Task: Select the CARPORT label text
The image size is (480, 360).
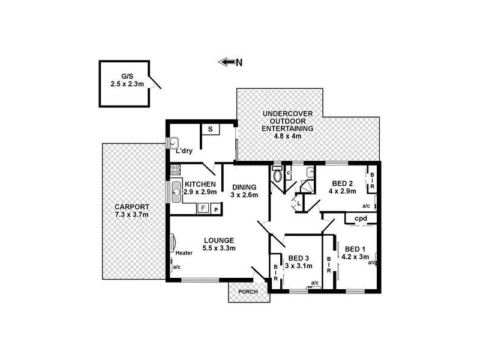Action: pos(131,207)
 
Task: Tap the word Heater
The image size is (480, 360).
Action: pos(184,253)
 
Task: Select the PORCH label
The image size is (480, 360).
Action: pos(248,292)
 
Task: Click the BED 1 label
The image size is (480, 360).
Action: pos(355,249)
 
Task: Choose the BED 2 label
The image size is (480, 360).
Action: pos(343,184)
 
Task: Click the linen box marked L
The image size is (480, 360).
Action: pos(299,204)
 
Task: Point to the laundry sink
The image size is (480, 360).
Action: pos(173,143)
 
